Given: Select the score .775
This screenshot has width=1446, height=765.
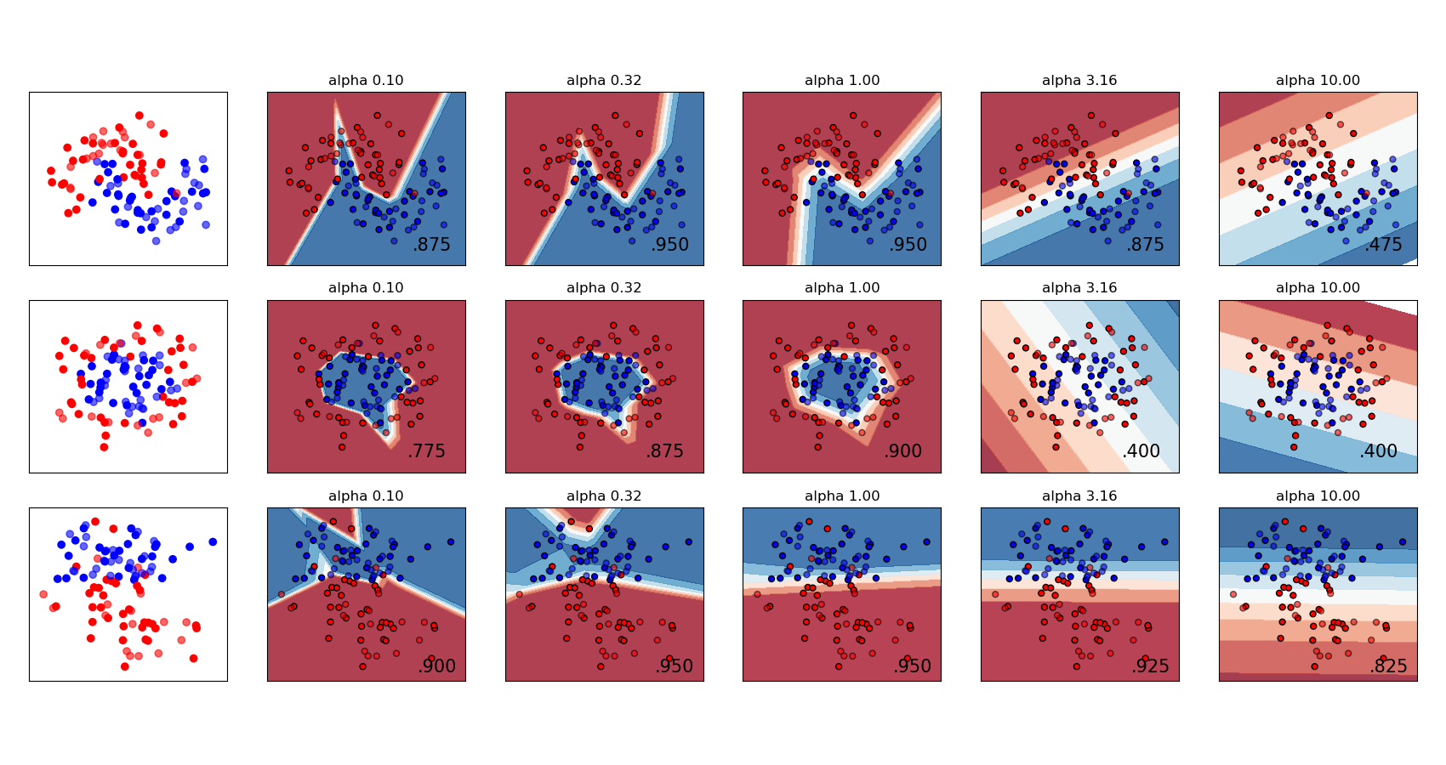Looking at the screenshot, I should click(x=426, y=451).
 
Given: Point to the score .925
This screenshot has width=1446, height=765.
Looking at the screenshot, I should click(x=1150, y=666).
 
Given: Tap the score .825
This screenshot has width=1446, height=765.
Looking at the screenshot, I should click(x=1388, y=666).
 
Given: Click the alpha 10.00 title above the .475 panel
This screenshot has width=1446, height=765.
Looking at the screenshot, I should click(x=1318, y=81).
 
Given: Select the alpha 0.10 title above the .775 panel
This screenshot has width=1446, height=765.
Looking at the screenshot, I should click(x=366, y=288).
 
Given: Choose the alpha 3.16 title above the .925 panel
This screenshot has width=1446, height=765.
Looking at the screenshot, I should click(x=1079, y=496).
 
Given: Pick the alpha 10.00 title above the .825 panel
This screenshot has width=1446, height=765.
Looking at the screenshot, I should click(x=1318, y=496).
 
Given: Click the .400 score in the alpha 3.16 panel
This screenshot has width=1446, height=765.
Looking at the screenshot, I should click(x=1141, y=451).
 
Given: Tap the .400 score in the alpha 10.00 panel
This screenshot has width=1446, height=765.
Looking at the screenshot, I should click(x=1378, y=451).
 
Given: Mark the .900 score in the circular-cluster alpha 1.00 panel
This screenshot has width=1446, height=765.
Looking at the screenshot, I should click(x=902, y=451).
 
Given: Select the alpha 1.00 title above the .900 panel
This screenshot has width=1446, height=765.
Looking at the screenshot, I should click(x=842, y=288).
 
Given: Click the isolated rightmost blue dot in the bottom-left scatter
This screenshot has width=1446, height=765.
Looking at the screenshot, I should click(x=213, y=541).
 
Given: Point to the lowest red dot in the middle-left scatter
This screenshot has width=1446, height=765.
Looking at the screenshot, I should click(x=105, y=446).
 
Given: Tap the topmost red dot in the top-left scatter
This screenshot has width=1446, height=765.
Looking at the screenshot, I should click(x=139, y=115).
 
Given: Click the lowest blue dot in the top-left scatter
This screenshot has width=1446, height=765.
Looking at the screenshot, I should click(x=156, y=241).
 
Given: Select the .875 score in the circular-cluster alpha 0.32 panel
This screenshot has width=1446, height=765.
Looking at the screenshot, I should click(x=664, y=451).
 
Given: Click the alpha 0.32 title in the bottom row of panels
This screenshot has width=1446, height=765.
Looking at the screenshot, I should click(x=604, y=496).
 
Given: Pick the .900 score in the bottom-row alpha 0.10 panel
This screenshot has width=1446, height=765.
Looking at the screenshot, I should click(x=436, y=666).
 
